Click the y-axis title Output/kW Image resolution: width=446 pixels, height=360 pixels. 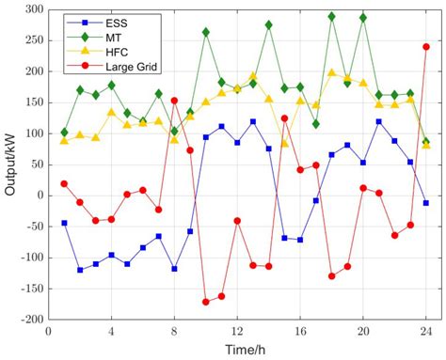click(10, 164)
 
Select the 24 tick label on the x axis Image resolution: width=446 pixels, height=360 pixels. click(426, 331)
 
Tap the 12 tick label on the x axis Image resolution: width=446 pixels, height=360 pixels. click(237, 331)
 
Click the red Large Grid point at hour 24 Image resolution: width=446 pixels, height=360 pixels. click(426, 46)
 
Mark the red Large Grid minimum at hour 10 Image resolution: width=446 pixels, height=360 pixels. click(205, 302)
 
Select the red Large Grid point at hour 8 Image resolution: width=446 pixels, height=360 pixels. click(174, 101)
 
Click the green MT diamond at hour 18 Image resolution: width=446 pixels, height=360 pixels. click(331, 17)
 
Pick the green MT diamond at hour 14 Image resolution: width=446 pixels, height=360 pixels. click(269, 25)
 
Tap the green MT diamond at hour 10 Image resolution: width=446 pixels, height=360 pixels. click(205, 32)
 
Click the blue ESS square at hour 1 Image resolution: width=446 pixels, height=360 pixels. click(64, 223)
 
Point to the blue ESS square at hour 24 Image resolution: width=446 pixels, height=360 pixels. click(426, 203)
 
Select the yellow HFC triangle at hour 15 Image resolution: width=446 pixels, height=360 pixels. click(284, 143)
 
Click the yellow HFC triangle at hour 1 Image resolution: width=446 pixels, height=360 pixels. click(64, 140)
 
